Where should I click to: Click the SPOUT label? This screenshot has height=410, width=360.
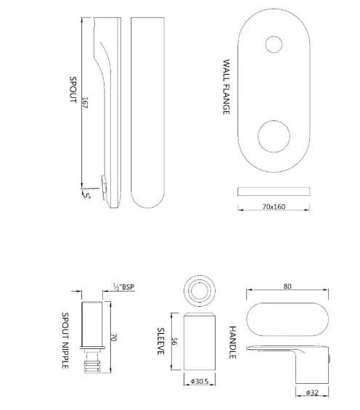(73, 90)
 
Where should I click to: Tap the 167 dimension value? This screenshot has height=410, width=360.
(84, 102)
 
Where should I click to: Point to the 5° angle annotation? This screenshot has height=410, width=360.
(87, 196)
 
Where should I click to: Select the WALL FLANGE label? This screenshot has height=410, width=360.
(226, 87)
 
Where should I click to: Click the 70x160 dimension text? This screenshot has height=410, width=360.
(274, 207)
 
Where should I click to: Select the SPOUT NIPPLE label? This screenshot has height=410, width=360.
(65, 340)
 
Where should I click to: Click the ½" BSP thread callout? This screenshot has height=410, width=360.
(123, 287)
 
